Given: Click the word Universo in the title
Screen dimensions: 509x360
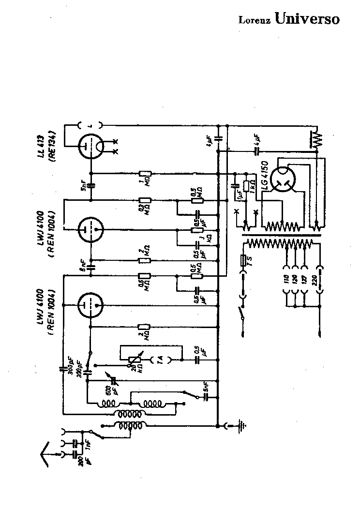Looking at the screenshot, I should [x=307, y=18].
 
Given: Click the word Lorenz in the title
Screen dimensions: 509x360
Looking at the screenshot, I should [x=255, y=20].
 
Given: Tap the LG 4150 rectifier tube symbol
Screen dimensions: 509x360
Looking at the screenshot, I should [x=284, y=180].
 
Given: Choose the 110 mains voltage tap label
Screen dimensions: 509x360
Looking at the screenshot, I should [x=286, y=280].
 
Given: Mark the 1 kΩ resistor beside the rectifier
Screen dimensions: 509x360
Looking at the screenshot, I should [x=246, y=186].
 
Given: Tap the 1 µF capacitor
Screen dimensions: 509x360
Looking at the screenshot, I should [x=236, y=185].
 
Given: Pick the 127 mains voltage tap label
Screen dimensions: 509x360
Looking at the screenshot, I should [x=303, y=280].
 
